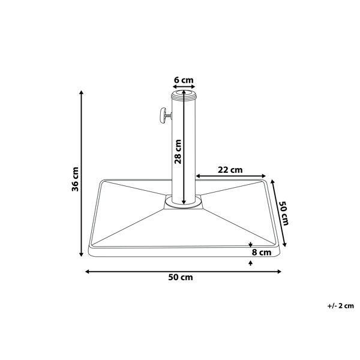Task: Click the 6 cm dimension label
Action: (x=184, y=80)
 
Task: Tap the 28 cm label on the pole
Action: (x=178, y=152)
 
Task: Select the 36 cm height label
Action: (x=75, y=179)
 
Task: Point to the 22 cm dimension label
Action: (x=230, y=170)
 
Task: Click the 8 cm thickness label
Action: (x=262, y=253)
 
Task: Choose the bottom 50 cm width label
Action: (x=181, y=277)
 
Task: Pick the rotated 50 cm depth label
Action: (x=284, y=213)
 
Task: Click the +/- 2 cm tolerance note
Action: (x=340, y=306)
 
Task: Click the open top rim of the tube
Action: (x=184, y=94)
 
